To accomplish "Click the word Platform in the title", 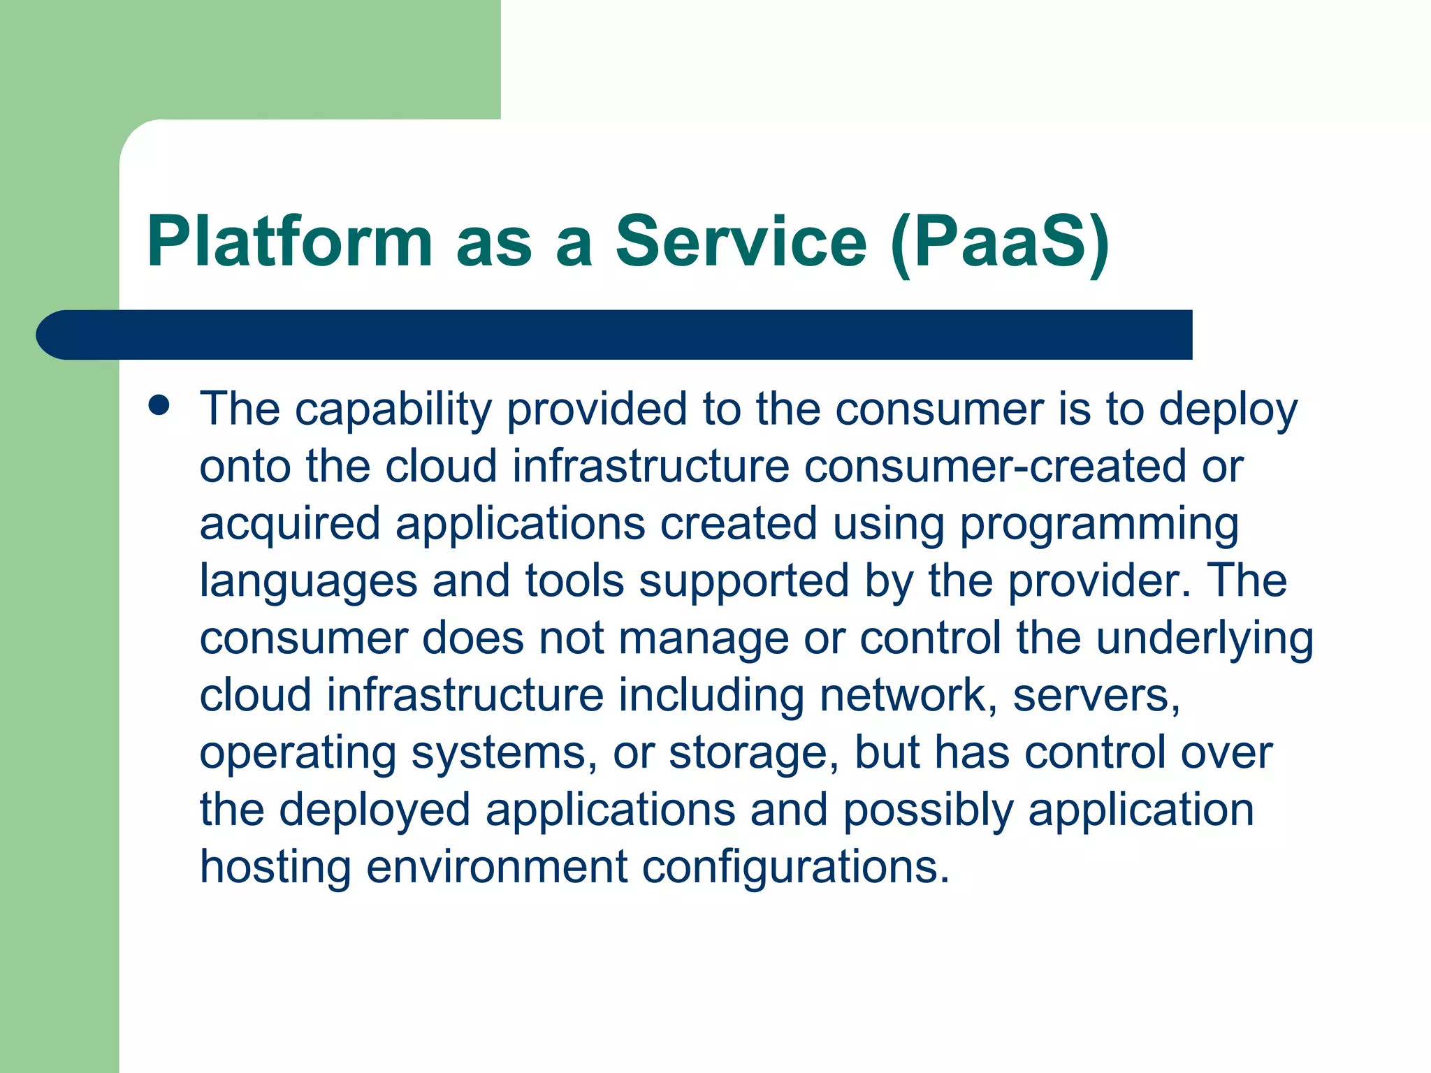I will coord(290,241).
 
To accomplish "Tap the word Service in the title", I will coord(741,241).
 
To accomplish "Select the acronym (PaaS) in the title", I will coord(1000,242).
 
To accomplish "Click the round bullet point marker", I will coord(159,406).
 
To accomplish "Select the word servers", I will coord(1095,696).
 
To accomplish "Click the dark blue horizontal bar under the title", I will coord(615,335).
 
